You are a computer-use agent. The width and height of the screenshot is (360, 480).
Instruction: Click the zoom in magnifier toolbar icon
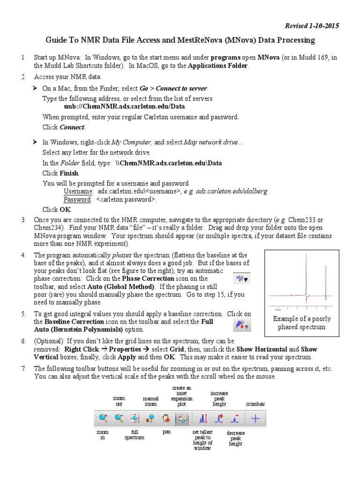[x=103, y=419]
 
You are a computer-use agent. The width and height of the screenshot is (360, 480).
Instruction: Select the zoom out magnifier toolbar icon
[x=119, y=419]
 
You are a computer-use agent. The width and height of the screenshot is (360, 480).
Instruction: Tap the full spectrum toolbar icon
[x=135, y=419]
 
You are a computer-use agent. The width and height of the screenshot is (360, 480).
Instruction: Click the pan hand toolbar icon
[x=166, y=419]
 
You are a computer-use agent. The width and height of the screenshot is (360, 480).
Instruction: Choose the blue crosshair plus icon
[x=255, y=419]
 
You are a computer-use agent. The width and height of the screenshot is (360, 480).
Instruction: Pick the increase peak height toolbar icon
[x=219, y=419]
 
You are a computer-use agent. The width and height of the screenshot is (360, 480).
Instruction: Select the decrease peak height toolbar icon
[x=236, y=419]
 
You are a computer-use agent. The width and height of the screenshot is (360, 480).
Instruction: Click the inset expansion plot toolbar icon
[x=182, y=419]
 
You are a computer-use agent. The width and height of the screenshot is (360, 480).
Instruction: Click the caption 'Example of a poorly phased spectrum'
[x=301, y=323]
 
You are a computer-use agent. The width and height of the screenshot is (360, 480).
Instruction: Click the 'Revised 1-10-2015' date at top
[x=312, y=26]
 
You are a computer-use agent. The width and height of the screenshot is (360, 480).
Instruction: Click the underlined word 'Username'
[x=77, y=191]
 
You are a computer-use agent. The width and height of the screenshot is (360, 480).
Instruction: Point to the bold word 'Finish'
[x=69, y=173]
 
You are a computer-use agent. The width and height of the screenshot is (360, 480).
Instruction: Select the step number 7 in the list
[x=23, y=369]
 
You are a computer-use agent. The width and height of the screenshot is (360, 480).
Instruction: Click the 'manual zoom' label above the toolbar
[x=150, y=401]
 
